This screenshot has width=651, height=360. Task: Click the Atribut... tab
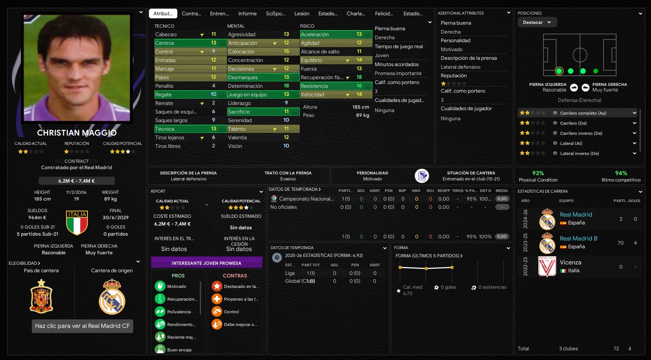[x=163, y=13]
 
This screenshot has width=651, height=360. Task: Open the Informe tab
[x=247, y=13]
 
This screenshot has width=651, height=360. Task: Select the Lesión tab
[x=302, y=13]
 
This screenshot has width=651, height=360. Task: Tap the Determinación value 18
[x=286, y=86]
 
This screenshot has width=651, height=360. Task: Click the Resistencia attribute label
[x=314, y=86]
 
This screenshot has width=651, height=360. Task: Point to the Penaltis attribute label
[x=164, y=86]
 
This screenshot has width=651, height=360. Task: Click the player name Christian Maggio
[x=77, y=133]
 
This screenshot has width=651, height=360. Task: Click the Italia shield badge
[x=77, y=223]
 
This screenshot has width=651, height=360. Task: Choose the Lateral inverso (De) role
[x=579, y=153]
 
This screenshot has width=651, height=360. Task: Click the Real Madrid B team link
[x=578, y=238]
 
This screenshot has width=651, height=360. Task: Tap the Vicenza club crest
[x=547, y=266]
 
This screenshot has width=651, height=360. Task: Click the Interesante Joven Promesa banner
[x=206, y=263]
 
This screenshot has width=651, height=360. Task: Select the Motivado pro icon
[x=160, y=286]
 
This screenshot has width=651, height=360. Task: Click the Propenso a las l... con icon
[x=217, y=299]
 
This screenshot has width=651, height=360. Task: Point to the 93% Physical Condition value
[x=538, y=173]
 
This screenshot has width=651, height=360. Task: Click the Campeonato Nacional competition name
[x=306, y=199]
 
